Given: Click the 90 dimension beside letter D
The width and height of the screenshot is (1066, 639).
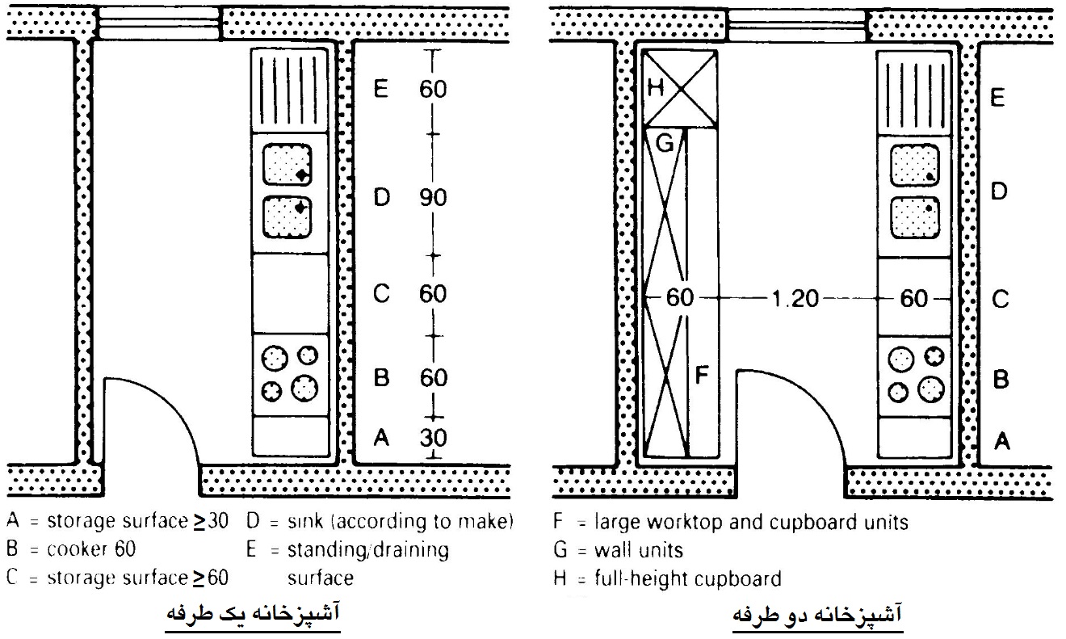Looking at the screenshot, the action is point(433,198).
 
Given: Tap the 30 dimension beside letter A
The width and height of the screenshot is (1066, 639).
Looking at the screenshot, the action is point(433,438).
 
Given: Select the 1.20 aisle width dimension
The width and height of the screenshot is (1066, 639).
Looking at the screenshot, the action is point(795,299).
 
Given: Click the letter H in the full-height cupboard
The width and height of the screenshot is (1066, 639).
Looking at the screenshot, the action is point(656,87).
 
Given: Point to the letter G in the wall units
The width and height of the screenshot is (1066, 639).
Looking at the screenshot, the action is point(665,142).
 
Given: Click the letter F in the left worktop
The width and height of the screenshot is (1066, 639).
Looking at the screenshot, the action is point(702,375).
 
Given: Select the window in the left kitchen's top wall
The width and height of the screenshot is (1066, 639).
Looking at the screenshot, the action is point(159,23).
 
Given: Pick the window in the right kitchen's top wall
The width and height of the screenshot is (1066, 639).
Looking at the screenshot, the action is point(797,25).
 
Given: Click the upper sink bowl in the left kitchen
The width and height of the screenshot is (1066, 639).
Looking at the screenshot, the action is point(287,164).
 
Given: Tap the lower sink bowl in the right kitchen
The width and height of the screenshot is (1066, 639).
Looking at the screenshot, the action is point(914,217).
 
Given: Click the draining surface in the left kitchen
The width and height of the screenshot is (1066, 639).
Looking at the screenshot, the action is point(289,90).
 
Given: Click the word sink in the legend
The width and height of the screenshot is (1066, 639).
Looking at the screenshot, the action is point(305,521).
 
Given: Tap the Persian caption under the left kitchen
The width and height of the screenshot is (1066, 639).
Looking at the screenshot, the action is point(253,612).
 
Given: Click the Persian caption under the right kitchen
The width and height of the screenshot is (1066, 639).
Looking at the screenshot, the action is point(816,614).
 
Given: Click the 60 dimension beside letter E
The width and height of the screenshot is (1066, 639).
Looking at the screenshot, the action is point(433,90).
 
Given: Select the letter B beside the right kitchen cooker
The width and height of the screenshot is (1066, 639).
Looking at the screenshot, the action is point(1001,380).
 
